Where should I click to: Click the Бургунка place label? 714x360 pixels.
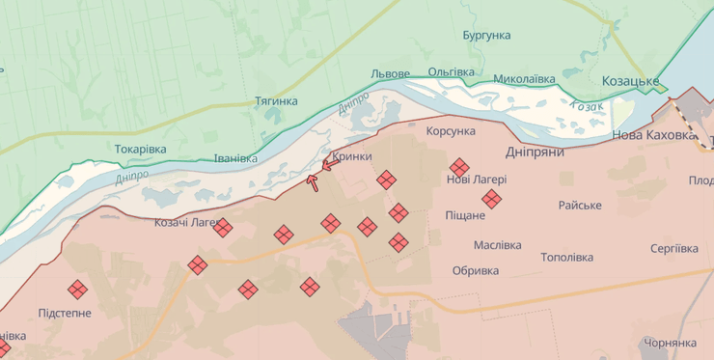486,36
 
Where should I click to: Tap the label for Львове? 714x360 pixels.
390,74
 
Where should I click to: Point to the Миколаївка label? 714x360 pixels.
524,78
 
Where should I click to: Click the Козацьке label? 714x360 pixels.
630,81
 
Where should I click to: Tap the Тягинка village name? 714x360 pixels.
276,100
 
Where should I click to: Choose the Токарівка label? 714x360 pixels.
140,150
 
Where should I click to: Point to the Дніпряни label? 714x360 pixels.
535,152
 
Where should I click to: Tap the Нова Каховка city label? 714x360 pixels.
653,136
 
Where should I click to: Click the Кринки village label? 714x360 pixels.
351,156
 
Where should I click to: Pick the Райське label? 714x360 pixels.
580,206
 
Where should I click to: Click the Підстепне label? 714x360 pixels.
65,314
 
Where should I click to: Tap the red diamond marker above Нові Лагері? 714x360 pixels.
459,167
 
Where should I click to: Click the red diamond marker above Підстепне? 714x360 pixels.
77,289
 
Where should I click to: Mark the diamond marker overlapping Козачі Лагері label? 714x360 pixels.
223,228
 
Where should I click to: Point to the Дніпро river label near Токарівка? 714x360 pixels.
131,177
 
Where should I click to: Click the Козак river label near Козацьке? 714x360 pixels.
587,107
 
